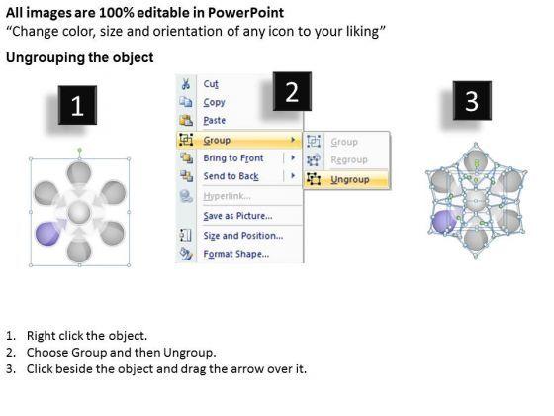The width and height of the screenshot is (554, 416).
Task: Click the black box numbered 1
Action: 78,105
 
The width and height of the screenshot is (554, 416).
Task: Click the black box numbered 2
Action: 292,91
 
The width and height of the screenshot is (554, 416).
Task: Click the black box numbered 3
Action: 472,100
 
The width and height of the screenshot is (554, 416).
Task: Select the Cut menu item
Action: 211,84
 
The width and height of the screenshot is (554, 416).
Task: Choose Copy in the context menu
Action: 214,102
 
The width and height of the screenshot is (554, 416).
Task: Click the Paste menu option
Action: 214,120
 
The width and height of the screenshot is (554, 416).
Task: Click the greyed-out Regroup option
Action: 349,159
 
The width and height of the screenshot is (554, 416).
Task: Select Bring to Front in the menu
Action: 233,158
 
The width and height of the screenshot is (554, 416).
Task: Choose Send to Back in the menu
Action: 231,176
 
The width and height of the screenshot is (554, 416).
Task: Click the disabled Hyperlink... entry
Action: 227,196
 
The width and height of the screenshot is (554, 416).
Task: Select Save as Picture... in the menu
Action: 237,216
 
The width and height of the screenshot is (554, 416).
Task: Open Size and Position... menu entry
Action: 243,236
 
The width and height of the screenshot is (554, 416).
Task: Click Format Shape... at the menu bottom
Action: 236,254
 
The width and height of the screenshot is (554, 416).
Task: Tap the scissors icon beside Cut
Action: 186,84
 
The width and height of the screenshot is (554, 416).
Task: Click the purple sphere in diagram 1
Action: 47,234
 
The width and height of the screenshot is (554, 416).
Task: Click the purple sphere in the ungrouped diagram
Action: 443,222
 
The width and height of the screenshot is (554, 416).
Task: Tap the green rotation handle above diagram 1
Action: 79,150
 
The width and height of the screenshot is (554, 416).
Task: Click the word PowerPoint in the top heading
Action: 245,13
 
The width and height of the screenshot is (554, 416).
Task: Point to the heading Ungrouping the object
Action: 80,57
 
